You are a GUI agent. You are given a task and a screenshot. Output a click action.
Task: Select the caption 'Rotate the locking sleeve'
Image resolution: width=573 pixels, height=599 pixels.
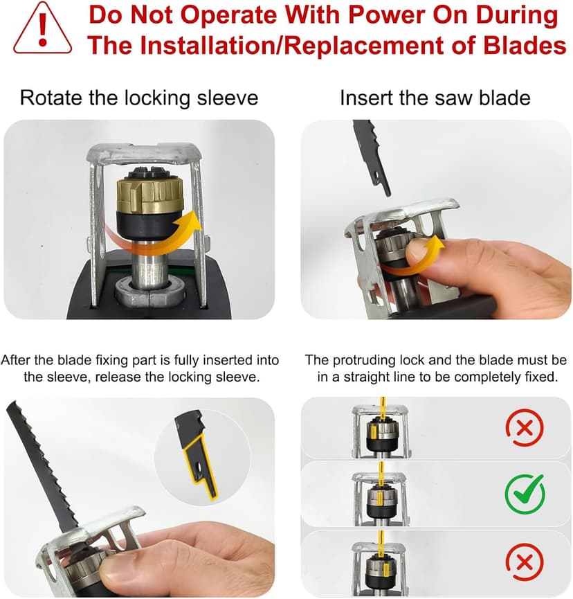(138, 98)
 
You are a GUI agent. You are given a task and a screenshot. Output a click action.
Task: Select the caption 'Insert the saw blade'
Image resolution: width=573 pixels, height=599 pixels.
(435, 98)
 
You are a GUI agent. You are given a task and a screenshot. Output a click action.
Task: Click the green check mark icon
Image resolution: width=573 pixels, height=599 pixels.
(525, 493)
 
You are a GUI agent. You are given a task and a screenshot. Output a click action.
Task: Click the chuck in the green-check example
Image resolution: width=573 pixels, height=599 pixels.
(379, 499)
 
